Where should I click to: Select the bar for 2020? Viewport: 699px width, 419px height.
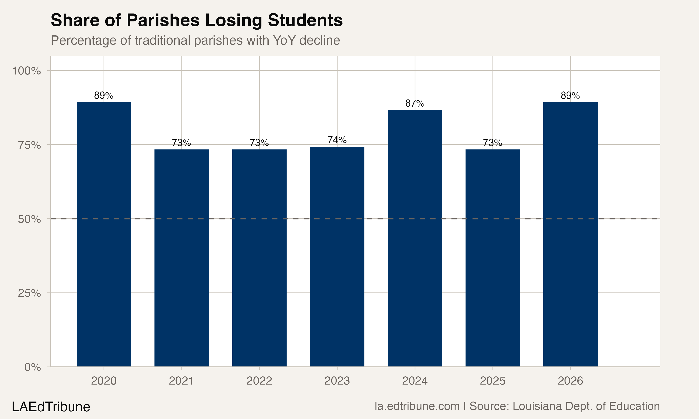pyautogui.click(x=104, y=234)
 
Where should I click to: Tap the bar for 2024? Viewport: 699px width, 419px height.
pyautogui.click(x=415, y=238)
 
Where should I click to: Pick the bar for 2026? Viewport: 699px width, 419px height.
pyautogui.click(x=570, y=234)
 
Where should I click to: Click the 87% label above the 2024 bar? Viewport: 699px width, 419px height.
pyautogui.click(x=415, y=104)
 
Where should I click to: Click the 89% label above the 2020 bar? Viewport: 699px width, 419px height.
pyautogui.click(x=104, y=96)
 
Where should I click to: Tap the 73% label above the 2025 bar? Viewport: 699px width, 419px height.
pyautogui.click(x=493, y=143)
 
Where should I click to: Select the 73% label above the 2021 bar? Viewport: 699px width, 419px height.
pyautogui.click(x=181, y=143)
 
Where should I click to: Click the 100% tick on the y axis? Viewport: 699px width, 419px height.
pyautogui.click(x=26, y=71)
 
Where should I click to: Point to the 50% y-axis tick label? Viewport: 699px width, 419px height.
pyautogui.click(x=29, y=219)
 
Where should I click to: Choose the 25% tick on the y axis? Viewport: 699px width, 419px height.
pyautogui.click(x=29, y=293)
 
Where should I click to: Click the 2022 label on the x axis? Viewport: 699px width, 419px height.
pyautogui.click(x=259, y=381)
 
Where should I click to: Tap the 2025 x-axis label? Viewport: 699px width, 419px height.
pyautogui.click(x=493, y=381)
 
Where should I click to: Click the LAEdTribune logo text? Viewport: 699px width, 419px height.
pyautogui.click(x=51, y=407)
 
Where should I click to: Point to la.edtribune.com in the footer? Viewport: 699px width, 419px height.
pyautogui.click(x=417, y=406)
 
